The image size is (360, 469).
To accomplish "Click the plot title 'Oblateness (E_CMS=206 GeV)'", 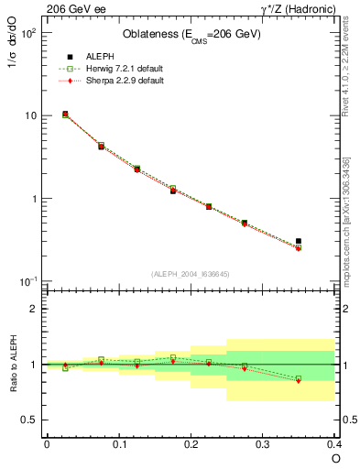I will click(191, 35).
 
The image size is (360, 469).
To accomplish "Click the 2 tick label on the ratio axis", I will click(32, 309).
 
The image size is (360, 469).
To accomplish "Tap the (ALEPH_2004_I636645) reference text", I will click(191, 274).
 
